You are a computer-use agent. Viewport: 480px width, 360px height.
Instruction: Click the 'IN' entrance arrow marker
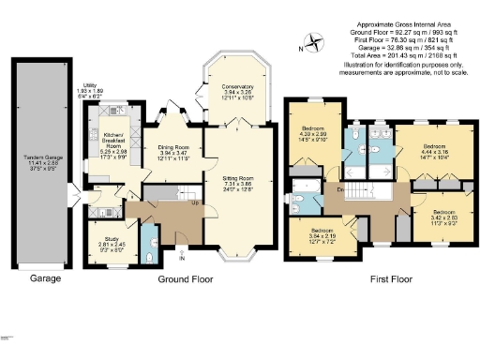tap(183, 258)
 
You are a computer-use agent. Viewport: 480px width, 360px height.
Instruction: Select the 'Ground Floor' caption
tap(183, 279)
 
